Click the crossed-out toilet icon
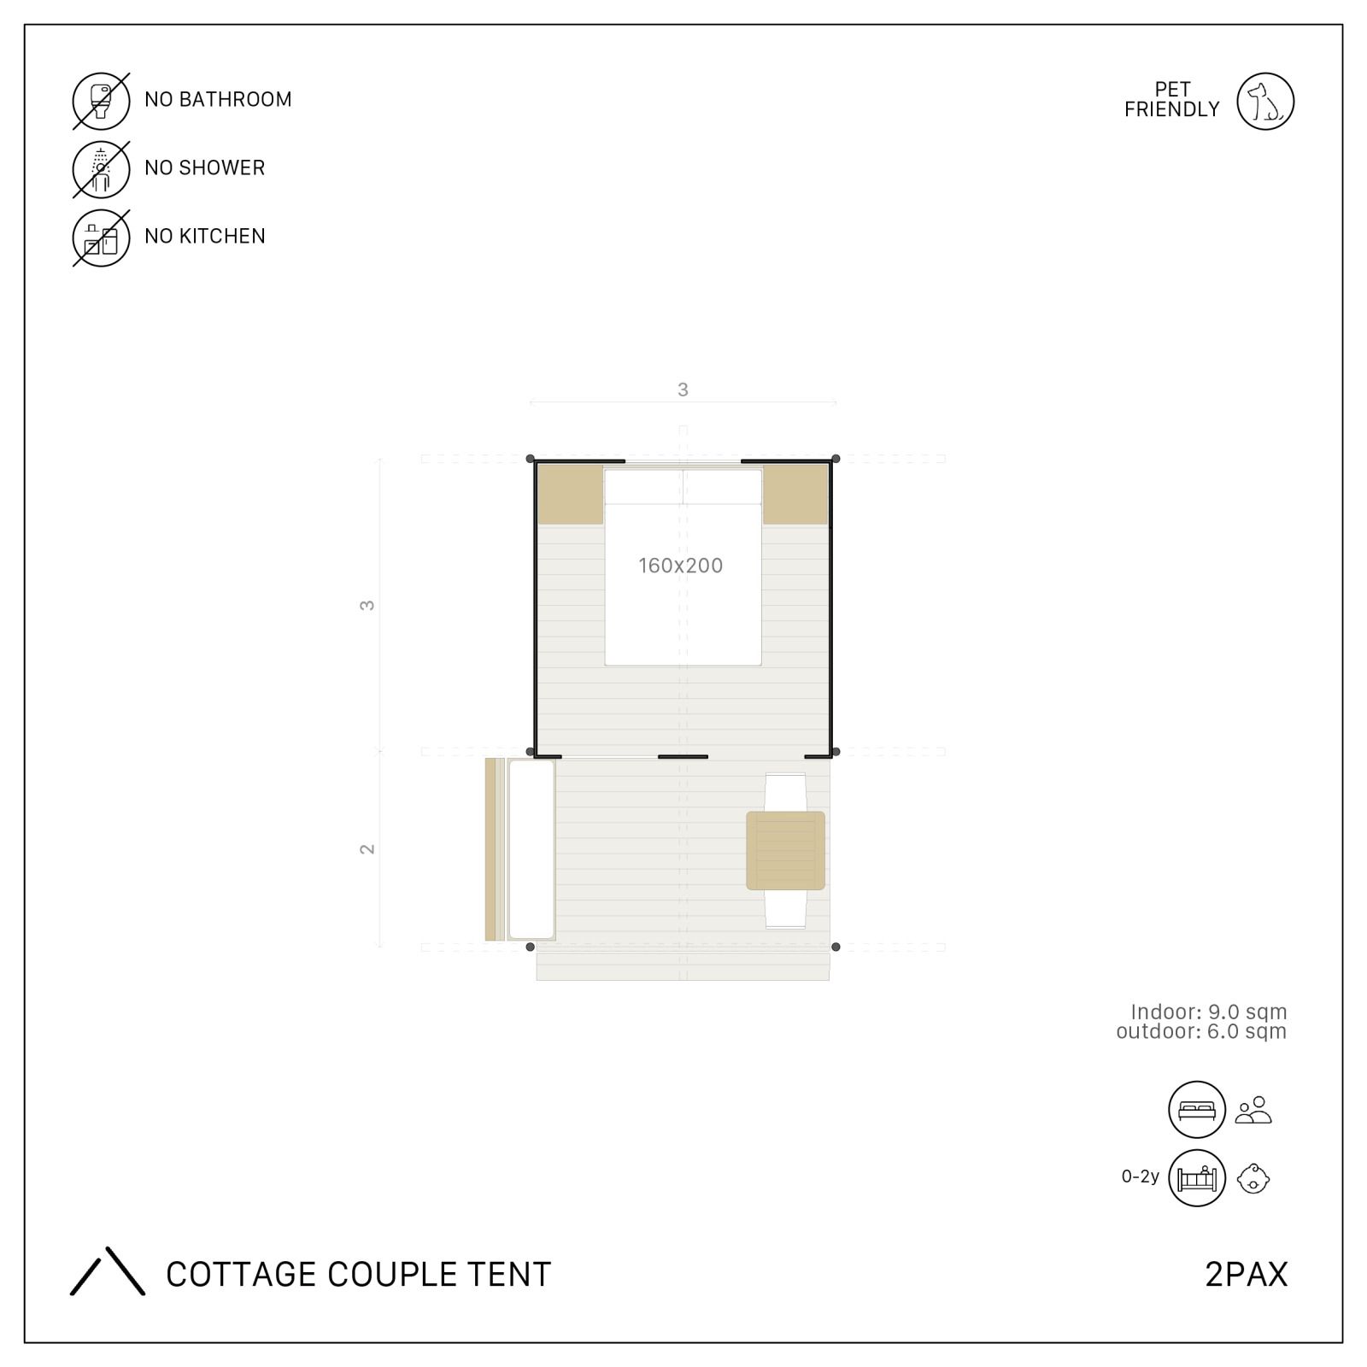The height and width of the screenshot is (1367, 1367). click(101, 101)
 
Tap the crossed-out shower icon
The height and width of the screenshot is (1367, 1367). click(101, 169)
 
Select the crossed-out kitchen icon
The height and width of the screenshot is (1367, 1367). click(101, 238)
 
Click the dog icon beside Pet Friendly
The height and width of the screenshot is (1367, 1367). click(1265, 101)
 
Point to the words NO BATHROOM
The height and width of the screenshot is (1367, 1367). click(218, 99)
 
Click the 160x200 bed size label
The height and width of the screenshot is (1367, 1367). click(681, 565)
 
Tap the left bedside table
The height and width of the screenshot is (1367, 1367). click(570, 494)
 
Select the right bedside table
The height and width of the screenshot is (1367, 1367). click(795, 494)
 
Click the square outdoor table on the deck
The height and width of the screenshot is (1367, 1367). click(785, 851)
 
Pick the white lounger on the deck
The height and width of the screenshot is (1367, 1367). click(531, 849)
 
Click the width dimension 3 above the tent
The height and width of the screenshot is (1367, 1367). click(683, 390)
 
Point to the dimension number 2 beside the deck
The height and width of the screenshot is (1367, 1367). click(367, 848)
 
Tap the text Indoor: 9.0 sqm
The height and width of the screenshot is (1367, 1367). click(1208, 1012)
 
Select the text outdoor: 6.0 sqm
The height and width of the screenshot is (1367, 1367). click(1201, 1031)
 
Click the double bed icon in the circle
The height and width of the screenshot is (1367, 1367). click(1197, 1110)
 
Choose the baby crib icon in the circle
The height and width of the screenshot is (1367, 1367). click(1197, 1178)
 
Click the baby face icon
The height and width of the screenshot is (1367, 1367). click(1253, 1178)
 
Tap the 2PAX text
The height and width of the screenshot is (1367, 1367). click(1246, 1274)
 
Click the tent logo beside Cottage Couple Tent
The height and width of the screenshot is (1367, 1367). click(108, 1271)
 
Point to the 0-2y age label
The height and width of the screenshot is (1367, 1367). click(1141, 1176)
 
